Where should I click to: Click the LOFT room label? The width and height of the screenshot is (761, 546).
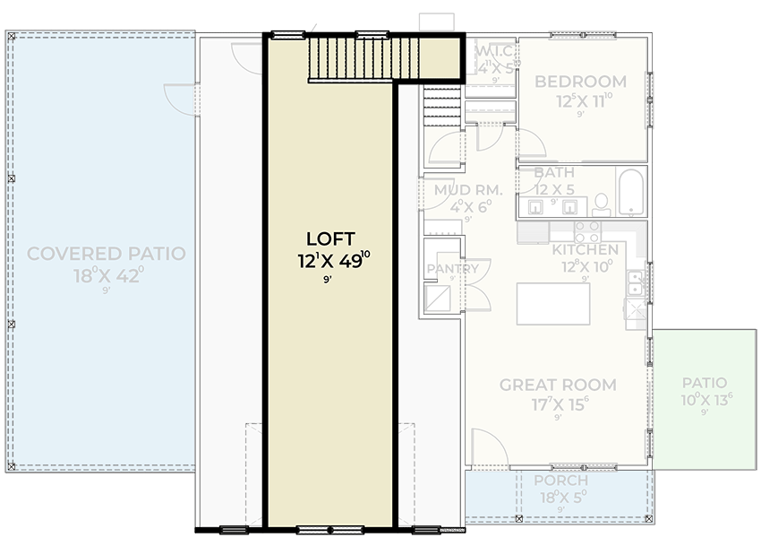click(330, 238)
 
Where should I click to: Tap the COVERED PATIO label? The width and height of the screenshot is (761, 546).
click(107, 254)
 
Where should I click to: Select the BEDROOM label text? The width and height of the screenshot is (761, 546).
click(580, 82)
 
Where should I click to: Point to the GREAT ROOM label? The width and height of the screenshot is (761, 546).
click(558, 386)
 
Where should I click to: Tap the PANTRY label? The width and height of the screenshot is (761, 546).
click(452, 269)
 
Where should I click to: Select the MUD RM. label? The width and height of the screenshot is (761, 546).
click(467, 190)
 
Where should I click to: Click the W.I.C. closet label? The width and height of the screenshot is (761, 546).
click(495, 51)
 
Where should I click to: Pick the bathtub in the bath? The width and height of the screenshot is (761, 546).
click(632, 192)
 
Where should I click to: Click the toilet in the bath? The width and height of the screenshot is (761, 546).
click(602, 204)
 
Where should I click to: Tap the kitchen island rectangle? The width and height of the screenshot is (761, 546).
click(553, 304)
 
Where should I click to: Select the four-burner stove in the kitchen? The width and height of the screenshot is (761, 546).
click(587, 231)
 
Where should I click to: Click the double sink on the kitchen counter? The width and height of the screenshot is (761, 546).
click(635, 283)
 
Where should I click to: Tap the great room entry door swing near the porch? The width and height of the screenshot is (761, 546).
click(489, 448)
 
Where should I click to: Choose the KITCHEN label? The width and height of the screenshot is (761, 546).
click(585, 249)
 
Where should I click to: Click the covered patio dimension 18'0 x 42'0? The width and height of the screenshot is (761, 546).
click(107, 276)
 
